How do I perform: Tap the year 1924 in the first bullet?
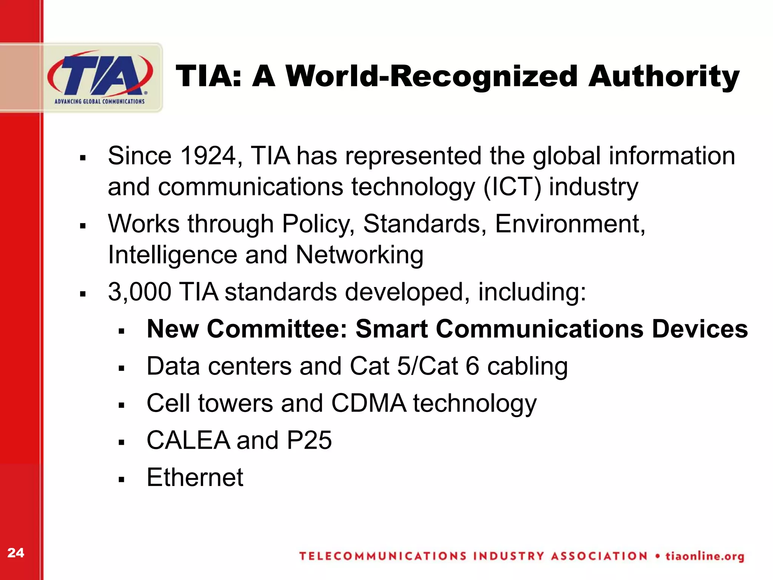coord(209,156)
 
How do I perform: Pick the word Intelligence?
coord(172,255)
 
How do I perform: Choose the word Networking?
coord(359,255)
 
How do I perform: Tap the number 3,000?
coord(139,292)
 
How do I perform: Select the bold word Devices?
coord(700,329)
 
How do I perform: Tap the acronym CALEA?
coord(188,440)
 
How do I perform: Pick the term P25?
coord(309,440)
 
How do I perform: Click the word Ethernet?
coord(195,477)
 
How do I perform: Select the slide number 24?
coord(16,553)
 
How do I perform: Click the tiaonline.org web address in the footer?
coord(705,557)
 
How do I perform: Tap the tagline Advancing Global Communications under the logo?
coord(100,102)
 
